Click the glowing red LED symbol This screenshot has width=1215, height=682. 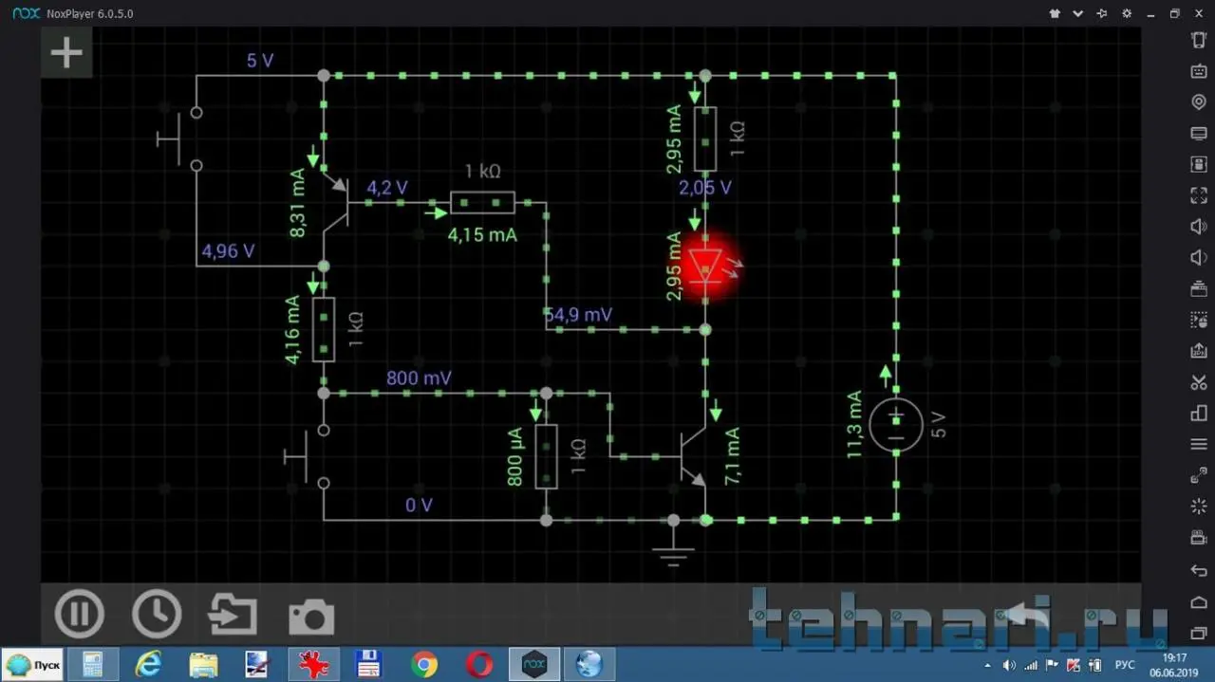coord(705,266)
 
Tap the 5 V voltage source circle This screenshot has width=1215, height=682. coord(895,424)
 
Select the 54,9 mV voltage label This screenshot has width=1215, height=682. coord(579,315)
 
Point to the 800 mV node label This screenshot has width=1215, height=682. coord(419,378)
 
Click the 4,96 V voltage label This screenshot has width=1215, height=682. coord(228,251)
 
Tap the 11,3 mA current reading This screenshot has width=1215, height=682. coord(855,424)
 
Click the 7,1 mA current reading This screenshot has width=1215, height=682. coord(732,456)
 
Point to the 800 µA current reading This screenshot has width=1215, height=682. coord(515,456)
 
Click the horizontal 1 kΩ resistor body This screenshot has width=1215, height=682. coord(482,202)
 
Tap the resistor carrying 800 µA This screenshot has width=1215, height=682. coord(546,456)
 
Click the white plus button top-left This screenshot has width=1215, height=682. coord(66,53)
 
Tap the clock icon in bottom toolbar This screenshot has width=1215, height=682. coord(157,614)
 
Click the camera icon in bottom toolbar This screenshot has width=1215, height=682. coord(311,617)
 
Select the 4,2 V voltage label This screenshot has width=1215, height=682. coord(387,188)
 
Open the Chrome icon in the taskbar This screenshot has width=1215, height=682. coord(424,664)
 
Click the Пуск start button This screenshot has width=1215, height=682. coord(34,665)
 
